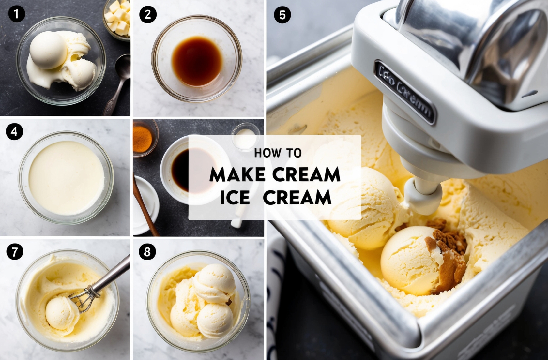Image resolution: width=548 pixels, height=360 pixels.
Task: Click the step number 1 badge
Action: click(x=16, y=14)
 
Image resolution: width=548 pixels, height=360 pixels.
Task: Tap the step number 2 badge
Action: click(x=147, y=14)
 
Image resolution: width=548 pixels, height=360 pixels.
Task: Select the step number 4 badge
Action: click(x=14, y=132)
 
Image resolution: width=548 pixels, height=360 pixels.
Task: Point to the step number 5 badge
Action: click(x=282, y=15)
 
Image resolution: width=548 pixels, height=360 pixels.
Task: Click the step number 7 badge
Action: click(x=15, y=252)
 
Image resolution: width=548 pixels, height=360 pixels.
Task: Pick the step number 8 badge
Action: click(x=147, y=252)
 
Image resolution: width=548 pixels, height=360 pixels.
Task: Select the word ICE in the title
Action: click(x=235, y=197)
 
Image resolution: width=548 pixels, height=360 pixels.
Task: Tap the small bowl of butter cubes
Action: click(x=118, y=20)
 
